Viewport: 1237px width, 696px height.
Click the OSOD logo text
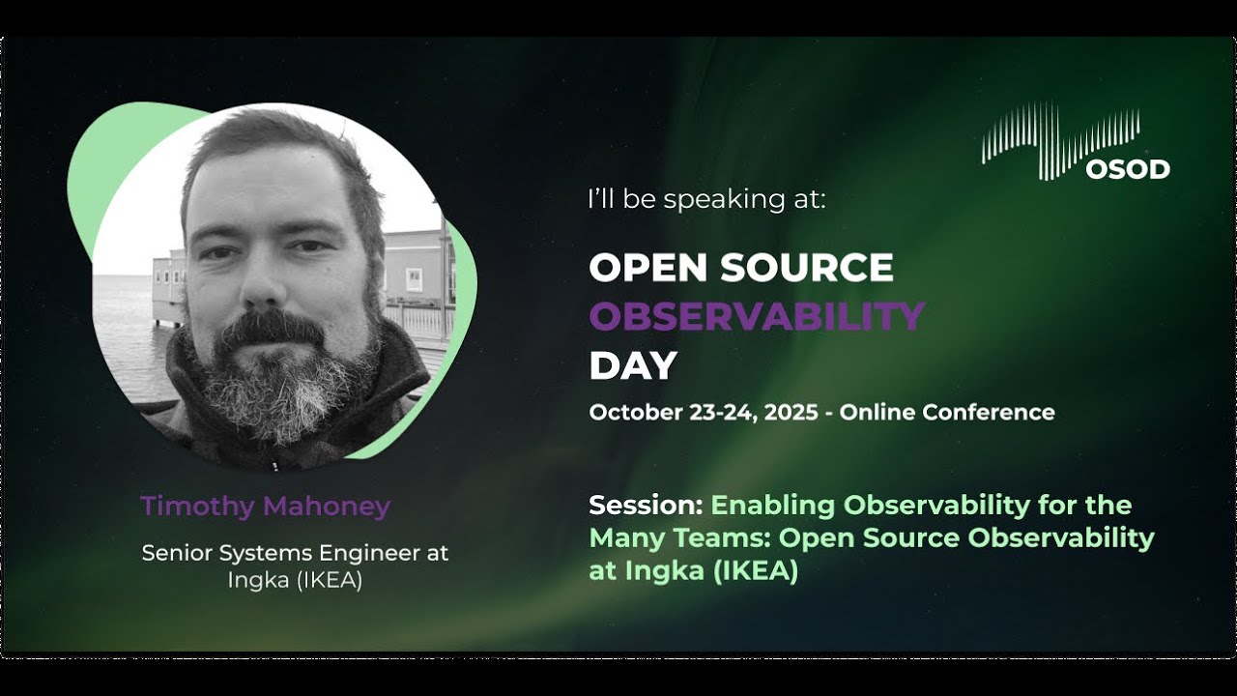point(1127,169)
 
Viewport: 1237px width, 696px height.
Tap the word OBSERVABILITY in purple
point(757,316)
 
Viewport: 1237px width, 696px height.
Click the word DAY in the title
point(633,365)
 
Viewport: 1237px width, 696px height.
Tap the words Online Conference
point(947,413)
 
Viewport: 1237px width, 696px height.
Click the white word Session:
point(646,506)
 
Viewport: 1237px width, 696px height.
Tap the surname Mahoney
point(331,506)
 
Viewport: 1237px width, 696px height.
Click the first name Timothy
point(198,506)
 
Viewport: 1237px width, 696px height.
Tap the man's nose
point(267,280)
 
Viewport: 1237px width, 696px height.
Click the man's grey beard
point(280,387)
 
